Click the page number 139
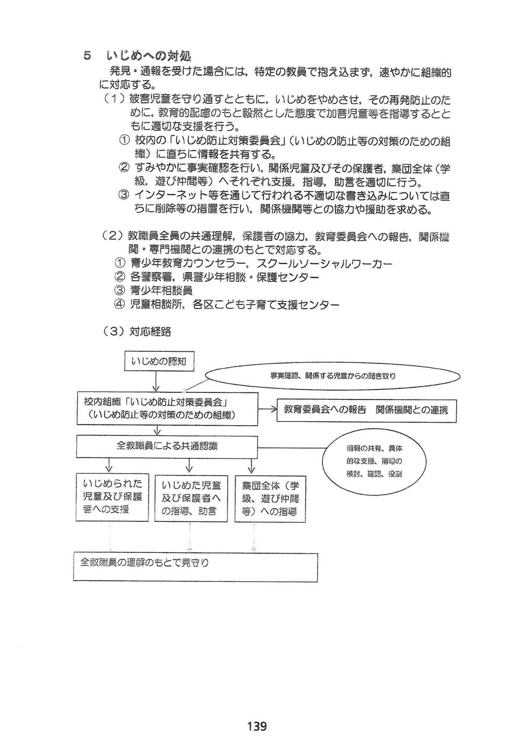tap(257, 726)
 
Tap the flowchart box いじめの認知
tap(159, 361)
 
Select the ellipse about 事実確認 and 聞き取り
tap(332, 376)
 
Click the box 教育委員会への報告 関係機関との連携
tap(366, 410)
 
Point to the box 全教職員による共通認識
tap(167, 446)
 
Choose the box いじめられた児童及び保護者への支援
tap(112, 497)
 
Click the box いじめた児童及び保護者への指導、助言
tap(191, 498)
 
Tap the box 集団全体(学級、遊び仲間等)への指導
tap(270, 499)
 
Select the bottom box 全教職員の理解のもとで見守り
tap(195, 567)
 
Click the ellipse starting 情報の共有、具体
tap(374, 461)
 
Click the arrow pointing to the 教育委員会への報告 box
tap(267, 410)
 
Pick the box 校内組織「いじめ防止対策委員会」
tap(167, 408)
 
